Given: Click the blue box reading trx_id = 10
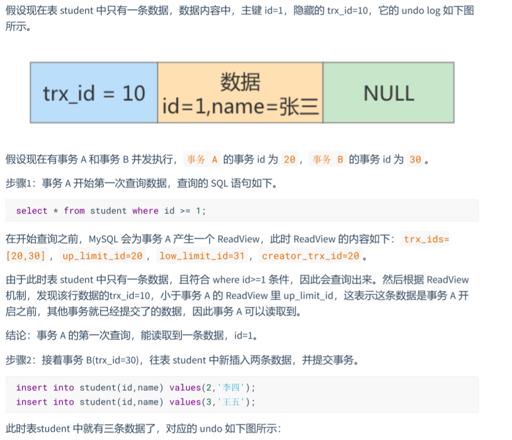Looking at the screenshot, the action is coord(94,93).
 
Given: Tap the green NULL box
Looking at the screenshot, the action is coord(389,93).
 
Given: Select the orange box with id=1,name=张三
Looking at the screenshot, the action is coord(240,93).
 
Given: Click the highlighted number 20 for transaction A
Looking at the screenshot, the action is coord(290,159).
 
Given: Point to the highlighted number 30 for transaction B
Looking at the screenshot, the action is coord(415,159).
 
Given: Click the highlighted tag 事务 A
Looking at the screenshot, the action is coord(202,159).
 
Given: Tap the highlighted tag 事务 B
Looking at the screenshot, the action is coord(328,159).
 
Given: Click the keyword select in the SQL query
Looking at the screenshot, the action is coord(32,211).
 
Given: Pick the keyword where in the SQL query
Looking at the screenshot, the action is coord(145,211).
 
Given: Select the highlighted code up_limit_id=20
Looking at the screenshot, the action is coord(102,256).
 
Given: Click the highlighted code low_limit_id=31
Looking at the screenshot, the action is coord(202,256).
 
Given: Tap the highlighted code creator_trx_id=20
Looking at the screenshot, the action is coord(311,256).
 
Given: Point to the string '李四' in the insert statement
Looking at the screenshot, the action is coord(231,387).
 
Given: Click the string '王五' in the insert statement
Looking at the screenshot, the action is coord(231,402).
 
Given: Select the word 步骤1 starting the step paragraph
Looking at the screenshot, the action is coord(18,184).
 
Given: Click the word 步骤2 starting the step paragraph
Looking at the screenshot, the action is coord(18,360).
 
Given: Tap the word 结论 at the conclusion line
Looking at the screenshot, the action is coord(16,335).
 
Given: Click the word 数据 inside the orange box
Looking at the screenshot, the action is coord(240,82).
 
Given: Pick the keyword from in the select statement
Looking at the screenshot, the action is coord(74,211).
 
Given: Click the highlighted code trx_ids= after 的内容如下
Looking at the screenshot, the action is coord(426,239).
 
